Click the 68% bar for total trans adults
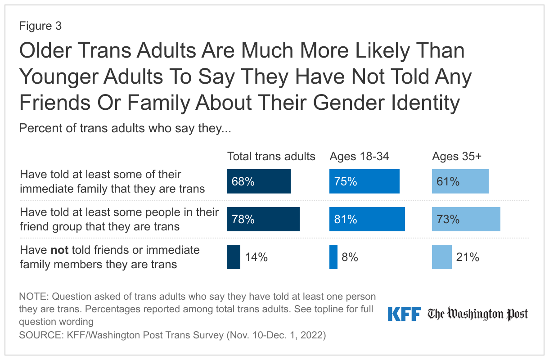click(x=258, y=181)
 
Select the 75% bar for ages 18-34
click(x=364, y=181)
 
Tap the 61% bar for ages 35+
click(x=460, y=181)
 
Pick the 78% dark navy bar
click(x=263, y=219)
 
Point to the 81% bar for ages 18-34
click(x=367, y=219)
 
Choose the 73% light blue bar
click(x=466, y=219)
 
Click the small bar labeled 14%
click(x=233, y=257)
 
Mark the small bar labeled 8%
click(x=333, y=257)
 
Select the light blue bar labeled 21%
click(x=441, y=257)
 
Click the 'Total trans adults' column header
click(x=271, y=156)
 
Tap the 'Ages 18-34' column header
click(x=359, y=156)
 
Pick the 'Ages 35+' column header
click(x=456, y=156)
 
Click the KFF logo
click(x=404, y=314)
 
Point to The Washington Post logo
click(x=477, y=314)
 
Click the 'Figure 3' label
click(x=40, y=26)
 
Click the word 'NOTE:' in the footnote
click(x=34, y=297)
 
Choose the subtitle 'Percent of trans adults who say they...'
click(x=125, y=128)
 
